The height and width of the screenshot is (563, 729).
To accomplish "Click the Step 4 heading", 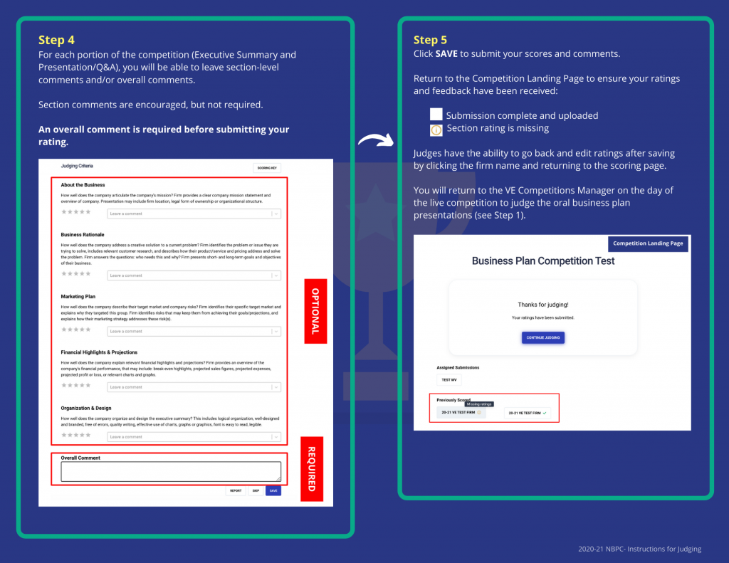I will tap(56, 41).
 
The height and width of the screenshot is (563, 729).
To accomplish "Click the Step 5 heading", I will tap(430, 40).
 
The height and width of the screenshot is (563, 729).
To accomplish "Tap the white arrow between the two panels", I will tap(375, 140).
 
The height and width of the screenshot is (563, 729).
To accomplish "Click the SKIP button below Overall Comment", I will tap(255, 490).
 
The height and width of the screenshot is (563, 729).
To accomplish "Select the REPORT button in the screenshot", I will tap(236, 490).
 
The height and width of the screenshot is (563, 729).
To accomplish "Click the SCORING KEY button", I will tap(267, 168).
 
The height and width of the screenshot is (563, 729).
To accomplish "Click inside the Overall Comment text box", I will tap(171, 471).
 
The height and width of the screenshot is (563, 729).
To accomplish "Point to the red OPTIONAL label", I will tap(315, 311).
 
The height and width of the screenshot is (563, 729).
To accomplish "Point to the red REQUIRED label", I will tap(311, 468).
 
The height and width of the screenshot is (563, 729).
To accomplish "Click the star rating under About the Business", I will tap(76, 212).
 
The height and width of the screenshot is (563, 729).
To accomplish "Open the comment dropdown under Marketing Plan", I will tap(194, 331).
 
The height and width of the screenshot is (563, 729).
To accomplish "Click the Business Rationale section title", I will tap(83, 234).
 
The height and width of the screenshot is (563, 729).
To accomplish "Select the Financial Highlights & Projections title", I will tap(99, 352).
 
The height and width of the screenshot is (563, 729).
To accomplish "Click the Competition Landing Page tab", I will tap(648, 243).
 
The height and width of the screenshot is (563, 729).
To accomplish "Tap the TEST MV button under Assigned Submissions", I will tap(449, 380).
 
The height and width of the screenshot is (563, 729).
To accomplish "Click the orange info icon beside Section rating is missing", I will tap(436, 130).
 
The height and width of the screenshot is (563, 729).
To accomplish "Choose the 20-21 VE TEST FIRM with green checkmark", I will tap(528, 413).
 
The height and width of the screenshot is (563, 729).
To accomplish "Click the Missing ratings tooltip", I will tap(478, 404).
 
